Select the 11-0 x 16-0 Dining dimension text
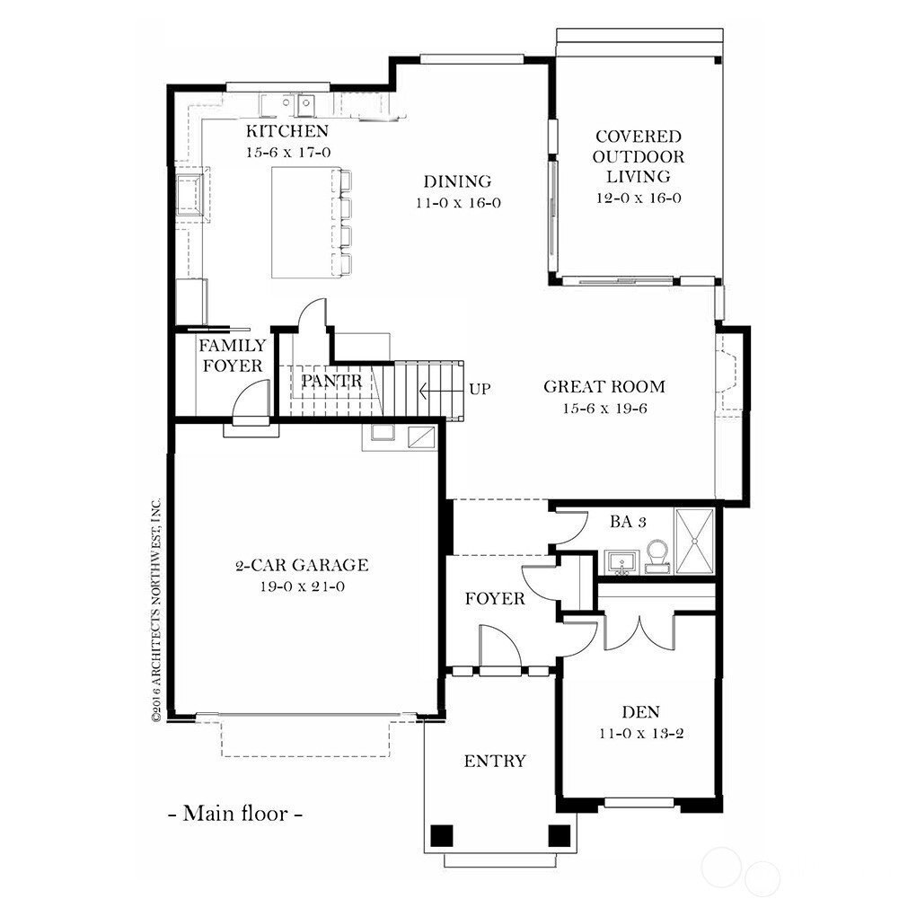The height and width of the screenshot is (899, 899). click(458, 202)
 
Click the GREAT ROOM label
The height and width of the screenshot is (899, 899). click(604, 387)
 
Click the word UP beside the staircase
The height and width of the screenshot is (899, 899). click(480, 390)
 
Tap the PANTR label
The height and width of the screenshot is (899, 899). click(331, 381)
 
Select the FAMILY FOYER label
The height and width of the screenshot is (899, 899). click(232, 356)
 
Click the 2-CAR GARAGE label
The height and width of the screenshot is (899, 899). click(302, 566)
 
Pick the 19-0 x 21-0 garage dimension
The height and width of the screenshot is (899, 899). click(302, 586)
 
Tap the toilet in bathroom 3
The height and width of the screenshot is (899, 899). click(658, 554)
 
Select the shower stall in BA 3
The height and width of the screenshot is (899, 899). click(694, 541)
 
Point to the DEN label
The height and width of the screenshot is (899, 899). click(640, 712)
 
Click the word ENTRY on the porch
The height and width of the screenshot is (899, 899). click(495, 762)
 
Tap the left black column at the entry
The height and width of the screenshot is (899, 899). click(440, 835)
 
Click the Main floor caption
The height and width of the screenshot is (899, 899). click(235, 815)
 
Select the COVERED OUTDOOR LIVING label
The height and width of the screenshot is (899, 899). click(639, 157)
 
